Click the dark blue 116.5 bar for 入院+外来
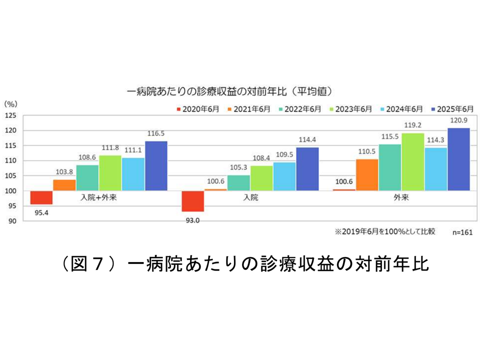(156, 165)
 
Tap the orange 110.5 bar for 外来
(367, 174)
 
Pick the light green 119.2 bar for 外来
(413, 161)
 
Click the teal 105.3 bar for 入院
(238, 182)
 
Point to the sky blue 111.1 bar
(133, 174)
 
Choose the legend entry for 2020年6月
(197, 108)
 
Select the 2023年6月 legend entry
(352, 108)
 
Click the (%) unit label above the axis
(11, 103)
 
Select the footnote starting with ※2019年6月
(384, 231)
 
